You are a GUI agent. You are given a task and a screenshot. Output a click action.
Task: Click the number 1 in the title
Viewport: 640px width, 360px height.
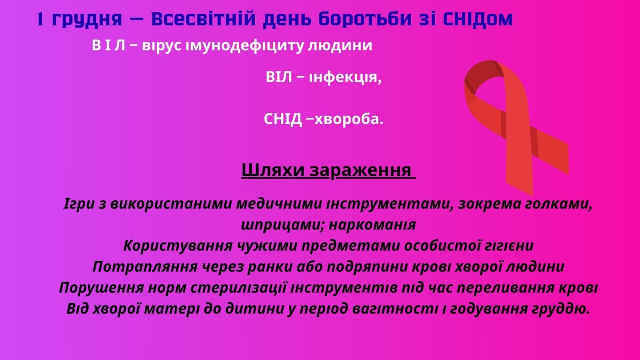[x=40, y=19]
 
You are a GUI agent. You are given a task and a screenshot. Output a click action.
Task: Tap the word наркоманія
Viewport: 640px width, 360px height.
[x=372, y=225]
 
